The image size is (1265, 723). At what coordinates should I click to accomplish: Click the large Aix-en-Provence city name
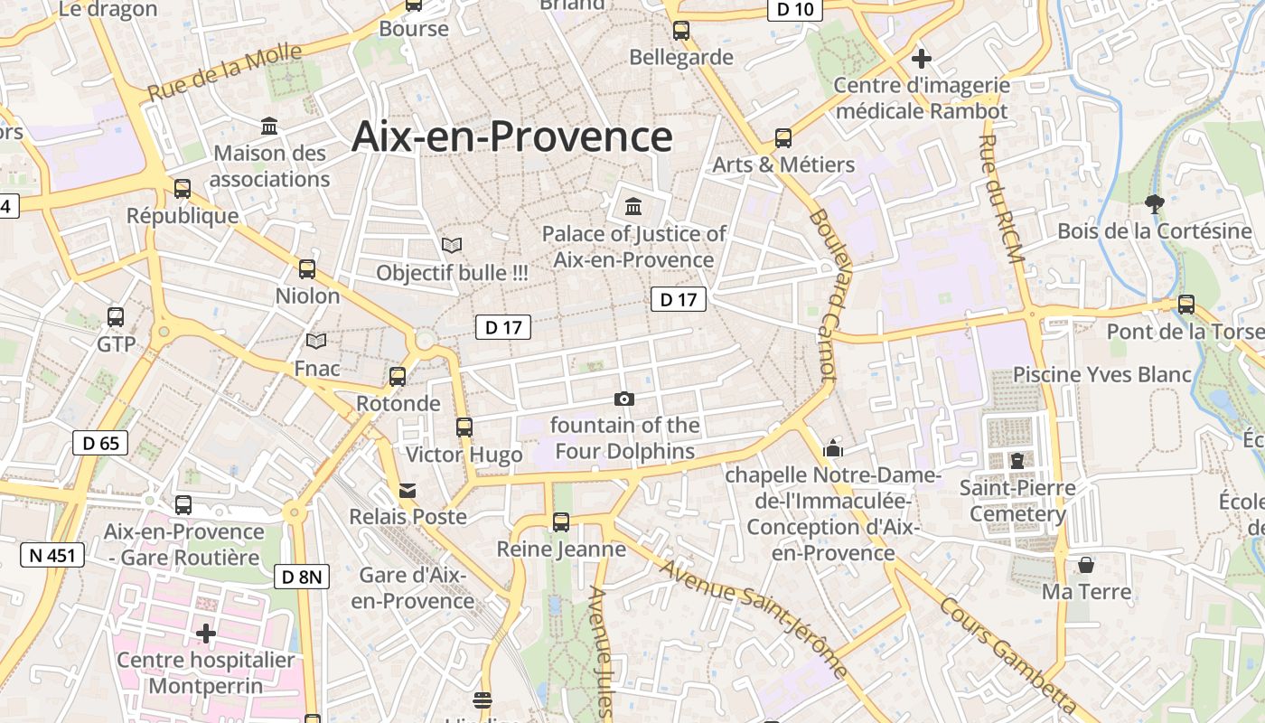[x=511, y=137]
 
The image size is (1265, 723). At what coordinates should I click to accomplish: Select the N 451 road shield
[x=52, y=555]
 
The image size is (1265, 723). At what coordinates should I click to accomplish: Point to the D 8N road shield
[x=301, y=577]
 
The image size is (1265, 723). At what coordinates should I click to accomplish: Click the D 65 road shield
[x=100, y=443]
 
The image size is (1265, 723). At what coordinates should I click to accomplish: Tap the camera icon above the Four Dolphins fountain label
[x=623, y=399]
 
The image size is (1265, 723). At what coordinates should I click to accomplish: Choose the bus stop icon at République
[x=183, y=189]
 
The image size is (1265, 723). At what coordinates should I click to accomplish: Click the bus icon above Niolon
[x=307, y=268]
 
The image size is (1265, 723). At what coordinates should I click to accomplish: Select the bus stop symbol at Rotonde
[x=398, y=377]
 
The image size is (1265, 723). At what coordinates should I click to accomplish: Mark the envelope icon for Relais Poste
[x=408, y=491]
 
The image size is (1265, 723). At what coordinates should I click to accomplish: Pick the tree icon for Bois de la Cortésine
[x=1154, y=203]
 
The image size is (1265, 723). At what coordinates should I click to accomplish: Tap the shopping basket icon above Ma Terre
[x=1085, y=565]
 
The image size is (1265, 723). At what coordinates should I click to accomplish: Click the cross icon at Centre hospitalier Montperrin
[x=206, y=634]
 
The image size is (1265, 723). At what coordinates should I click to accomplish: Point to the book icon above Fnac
[x=316, y=341]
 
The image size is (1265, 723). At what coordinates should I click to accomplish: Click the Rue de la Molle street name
[x=224, y=72]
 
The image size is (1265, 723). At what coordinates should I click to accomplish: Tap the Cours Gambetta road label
[x=1007, y=655]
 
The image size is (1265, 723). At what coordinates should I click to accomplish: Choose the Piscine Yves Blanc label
[x=1101, y=374]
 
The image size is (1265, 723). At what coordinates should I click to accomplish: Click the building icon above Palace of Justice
[x=633, y=207]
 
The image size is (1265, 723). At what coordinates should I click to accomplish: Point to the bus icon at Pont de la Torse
[x=1186, y=305]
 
